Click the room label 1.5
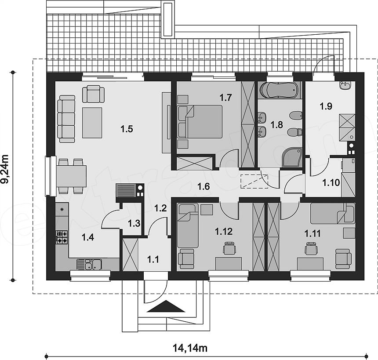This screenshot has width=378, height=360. click(127, 129)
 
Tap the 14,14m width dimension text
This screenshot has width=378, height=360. click(190, 348)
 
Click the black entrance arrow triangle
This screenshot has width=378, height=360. click(166, 306)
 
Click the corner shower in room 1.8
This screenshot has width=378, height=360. click(292, 157)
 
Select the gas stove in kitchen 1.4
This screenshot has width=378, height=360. click(62, 237)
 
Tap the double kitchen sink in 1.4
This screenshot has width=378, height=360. click(89, 264)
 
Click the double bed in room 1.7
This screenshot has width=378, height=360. click(200, 121)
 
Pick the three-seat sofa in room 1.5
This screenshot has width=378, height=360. click(66, 119)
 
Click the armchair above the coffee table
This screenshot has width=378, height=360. click(94, 94)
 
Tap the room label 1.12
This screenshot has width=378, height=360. click(223, 232)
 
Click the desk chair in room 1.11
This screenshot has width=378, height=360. click(311, 248)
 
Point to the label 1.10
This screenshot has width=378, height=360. click(331, 182)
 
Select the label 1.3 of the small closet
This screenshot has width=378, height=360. click(134, 224)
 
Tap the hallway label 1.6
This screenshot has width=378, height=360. click(204, 186)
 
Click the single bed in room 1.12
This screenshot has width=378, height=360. click(188, 225)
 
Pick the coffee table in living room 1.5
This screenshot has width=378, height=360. click(92, 123)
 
